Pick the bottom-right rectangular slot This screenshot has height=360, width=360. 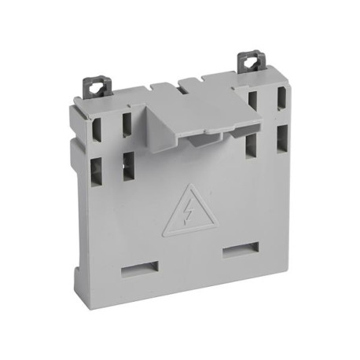point(238,252)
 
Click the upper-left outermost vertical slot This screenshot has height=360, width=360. point(97,128)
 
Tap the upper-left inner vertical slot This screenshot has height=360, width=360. point(125,126)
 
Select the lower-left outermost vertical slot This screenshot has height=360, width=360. point(96,171)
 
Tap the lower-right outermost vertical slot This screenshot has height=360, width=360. point(281,142)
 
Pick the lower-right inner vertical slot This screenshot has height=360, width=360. point(251,147)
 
